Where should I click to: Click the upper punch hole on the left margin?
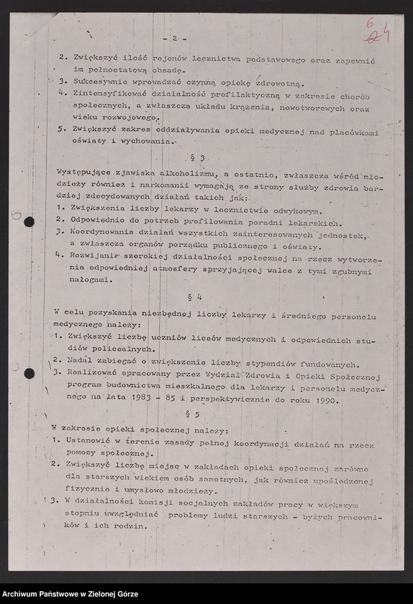click(29, 222)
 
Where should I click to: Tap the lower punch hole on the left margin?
click(29, 373)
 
